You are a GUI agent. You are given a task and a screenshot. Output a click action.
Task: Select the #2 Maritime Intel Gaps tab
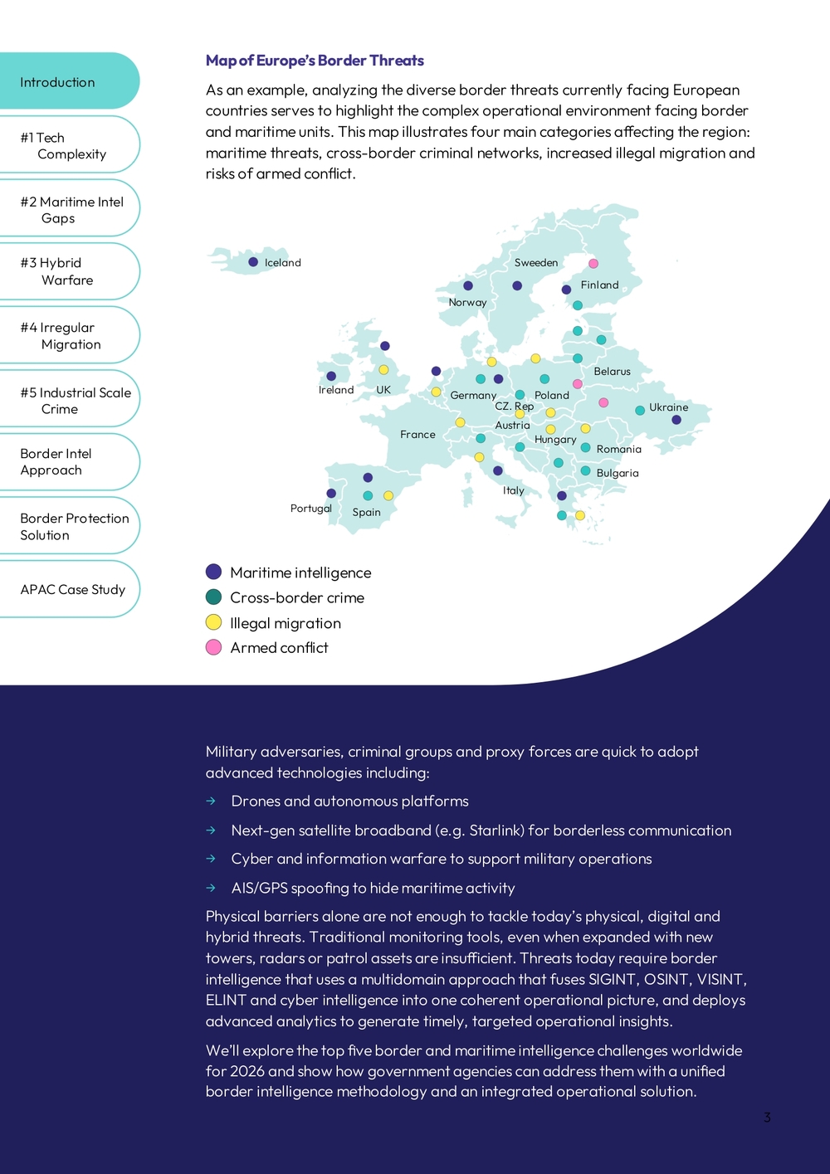coord(71,210)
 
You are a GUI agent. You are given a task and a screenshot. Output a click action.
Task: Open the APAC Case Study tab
coord(73,589)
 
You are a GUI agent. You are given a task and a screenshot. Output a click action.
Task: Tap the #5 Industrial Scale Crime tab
coord(76,401)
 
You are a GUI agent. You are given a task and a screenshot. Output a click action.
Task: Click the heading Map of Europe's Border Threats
coord(315,61)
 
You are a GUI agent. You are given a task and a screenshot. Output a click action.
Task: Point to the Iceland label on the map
coord(283,263)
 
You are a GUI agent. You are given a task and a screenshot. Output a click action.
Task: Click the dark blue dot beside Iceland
coord(253,262)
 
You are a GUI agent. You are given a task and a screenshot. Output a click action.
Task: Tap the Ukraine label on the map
coord(668,407)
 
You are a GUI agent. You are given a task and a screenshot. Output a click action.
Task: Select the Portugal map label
coord(310,509)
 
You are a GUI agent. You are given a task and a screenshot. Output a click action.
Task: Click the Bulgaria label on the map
coord(618,473)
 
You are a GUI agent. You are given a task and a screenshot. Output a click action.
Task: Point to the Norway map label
coord(467,303)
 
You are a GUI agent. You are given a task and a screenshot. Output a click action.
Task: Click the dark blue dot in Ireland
coord(331,376)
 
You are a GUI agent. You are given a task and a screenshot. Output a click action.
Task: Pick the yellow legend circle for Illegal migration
coord(213,622)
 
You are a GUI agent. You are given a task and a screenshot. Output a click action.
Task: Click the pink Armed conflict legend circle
coord(213,647)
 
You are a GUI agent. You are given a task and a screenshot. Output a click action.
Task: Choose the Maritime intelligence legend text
coord(300,572)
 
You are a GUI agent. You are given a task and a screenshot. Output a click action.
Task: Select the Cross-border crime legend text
coord(297,597)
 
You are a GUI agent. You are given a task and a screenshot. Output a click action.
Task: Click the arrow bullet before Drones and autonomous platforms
coord(212,801)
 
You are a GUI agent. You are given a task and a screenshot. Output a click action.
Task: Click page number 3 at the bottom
coord(767,1118)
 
